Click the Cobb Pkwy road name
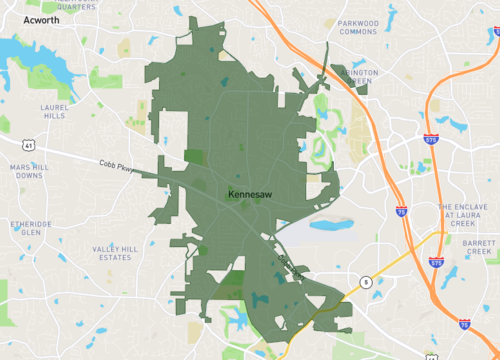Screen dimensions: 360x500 click(118, 167)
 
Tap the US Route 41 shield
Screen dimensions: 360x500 click(30, 145)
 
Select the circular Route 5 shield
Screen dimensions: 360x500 click(367, 283)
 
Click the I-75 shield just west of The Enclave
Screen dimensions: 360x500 click(401, 212)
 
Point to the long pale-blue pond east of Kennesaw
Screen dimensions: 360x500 click(331, 223)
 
